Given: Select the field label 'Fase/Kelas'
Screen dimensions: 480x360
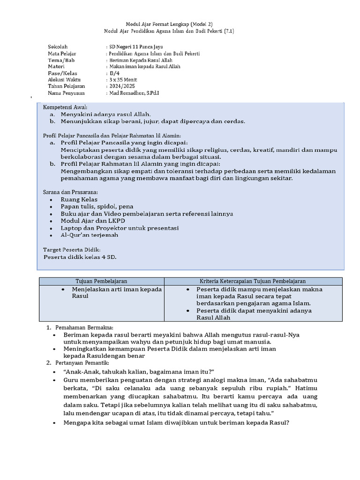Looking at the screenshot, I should click(x=62, y=74).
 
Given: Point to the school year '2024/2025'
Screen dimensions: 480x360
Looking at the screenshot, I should click(x=121, y=87).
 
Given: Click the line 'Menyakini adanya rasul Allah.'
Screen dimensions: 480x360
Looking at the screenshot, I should click(x=105, y=114).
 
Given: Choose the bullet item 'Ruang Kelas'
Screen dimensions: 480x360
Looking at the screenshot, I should click(x=79, y=200).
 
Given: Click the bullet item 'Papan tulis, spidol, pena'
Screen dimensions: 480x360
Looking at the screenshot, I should click(x=97, y=207).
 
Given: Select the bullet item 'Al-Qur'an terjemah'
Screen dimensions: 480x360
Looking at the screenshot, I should click(x=89, y=235).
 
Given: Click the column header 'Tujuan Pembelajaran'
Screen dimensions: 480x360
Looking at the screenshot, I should click(x=102, y=281).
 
